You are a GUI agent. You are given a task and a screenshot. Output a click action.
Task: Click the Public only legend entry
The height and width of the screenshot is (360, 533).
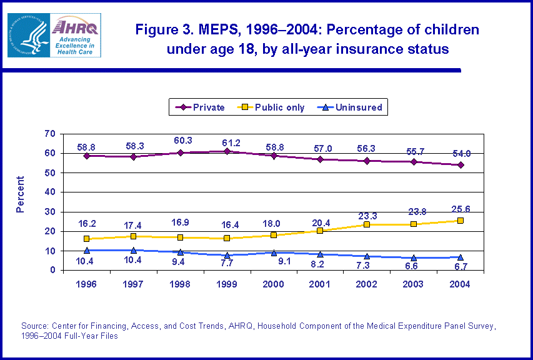coord(271,107)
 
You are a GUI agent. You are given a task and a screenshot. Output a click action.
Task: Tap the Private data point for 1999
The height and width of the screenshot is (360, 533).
coord(227,151)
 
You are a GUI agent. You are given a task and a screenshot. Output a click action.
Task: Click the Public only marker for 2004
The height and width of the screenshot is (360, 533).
coord(461,221)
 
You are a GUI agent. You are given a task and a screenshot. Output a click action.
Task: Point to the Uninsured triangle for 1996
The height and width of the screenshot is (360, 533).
coord(87,250)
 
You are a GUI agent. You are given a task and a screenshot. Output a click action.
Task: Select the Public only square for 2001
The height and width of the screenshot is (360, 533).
coord(321,231)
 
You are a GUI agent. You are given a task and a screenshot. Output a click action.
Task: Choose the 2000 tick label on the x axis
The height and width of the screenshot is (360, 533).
coord(274,284)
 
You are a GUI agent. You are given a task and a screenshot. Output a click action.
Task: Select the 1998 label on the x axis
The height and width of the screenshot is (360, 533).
coord(180,284)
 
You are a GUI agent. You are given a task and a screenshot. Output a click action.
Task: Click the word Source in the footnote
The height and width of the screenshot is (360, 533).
coord(34,326)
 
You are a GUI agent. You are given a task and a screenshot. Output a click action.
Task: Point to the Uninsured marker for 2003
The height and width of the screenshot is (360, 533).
coord(414,257)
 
